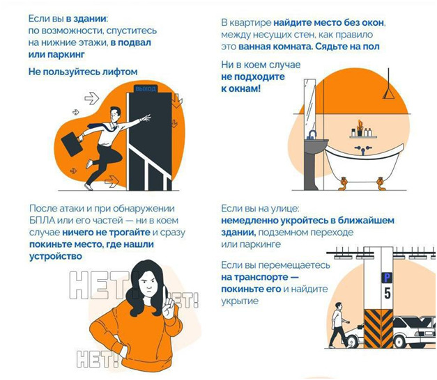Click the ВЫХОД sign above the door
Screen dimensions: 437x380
pos(146,89)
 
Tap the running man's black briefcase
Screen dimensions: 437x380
pos(72,145)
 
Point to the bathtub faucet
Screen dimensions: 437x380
pos(363,150)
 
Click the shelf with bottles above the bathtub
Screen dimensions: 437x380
pos(363,136)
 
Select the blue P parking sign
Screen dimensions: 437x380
pos(387,278)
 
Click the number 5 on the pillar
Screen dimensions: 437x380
pos(388,293)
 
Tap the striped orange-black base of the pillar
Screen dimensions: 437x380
pos(378,328)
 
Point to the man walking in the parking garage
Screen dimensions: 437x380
pos(338,324)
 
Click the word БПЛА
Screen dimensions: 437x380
pos(42,221)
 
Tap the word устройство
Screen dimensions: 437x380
pos(56,256)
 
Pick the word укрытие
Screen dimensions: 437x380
pos(240,301)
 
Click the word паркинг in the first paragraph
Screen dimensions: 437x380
pos(66,54)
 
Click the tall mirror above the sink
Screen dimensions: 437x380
pos(309,107)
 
